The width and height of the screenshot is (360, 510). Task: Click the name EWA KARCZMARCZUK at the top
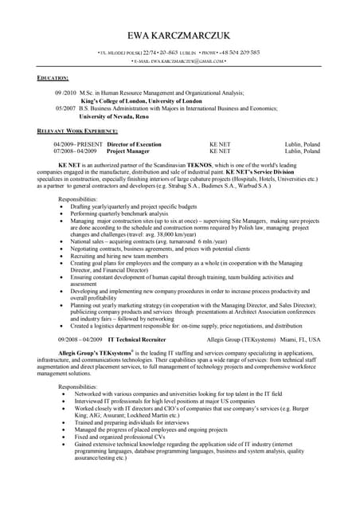pos(180,36)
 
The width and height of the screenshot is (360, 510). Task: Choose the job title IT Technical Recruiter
pos(137,339)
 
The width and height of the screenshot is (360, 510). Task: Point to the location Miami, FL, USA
pos(302,339)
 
